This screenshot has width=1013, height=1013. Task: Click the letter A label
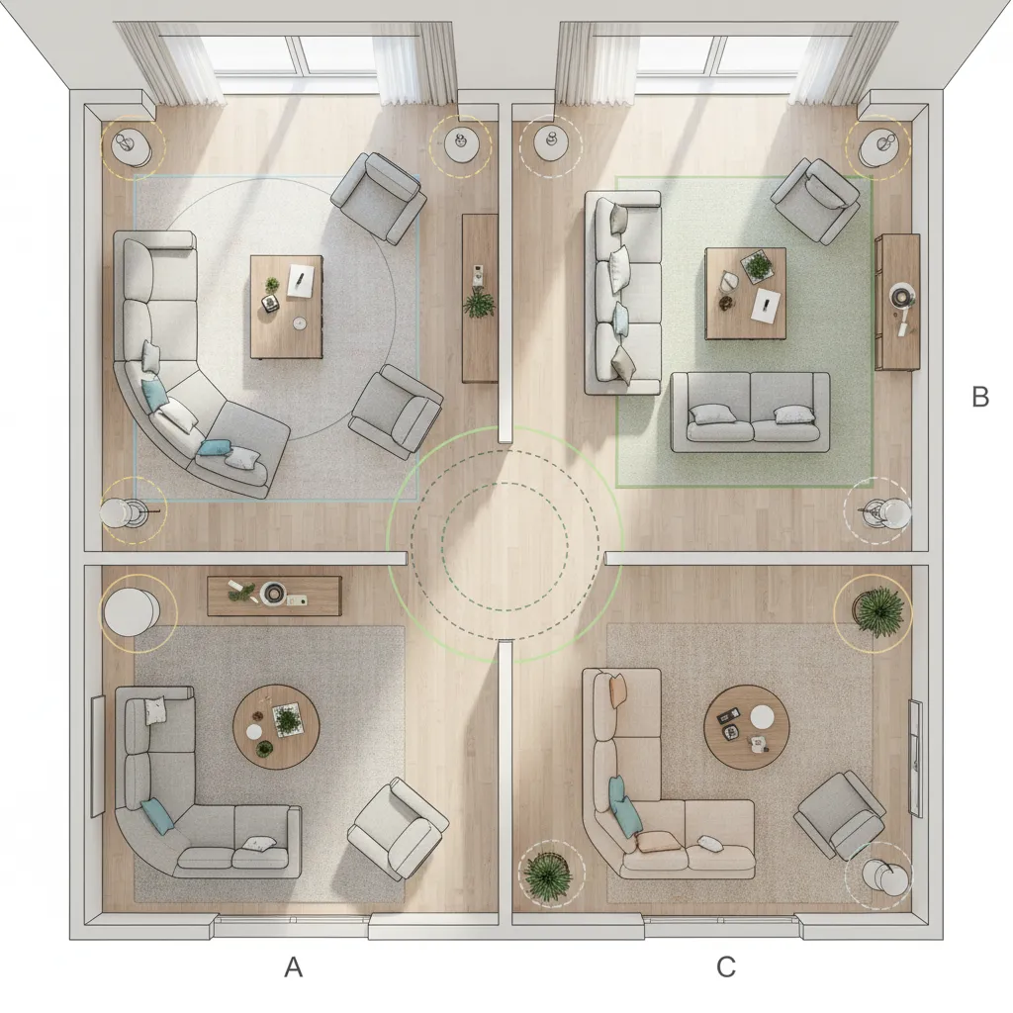293,967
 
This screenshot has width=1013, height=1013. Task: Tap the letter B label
980,397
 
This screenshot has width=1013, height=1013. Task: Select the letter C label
726,967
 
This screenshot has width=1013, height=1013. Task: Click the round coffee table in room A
276,727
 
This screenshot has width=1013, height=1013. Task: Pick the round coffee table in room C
746,727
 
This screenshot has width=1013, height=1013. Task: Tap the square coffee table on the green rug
745,293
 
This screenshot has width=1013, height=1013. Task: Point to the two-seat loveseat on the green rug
750,412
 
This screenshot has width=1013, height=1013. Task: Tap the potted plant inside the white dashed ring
548,874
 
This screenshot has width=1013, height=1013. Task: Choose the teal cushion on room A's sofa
157,816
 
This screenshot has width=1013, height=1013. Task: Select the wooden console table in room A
274,596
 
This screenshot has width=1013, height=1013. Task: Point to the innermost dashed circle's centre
505,546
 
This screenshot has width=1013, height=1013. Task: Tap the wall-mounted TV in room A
97,756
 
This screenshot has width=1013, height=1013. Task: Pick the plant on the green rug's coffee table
758,266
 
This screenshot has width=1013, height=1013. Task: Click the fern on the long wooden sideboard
480,303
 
